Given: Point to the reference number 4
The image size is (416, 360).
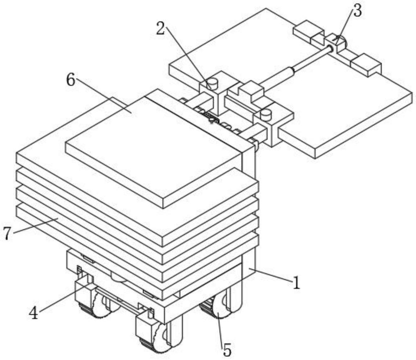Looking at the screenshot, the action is [x=34, y=313].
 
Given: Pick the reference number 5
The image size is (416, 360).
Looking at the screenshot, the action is [x=227, y=350].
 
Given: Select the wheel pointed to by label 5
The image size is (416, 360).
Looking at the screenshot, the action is [x=217, y=310].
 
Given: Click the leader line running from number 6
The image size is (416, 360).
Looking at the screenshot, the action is [x=104, y=96].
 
